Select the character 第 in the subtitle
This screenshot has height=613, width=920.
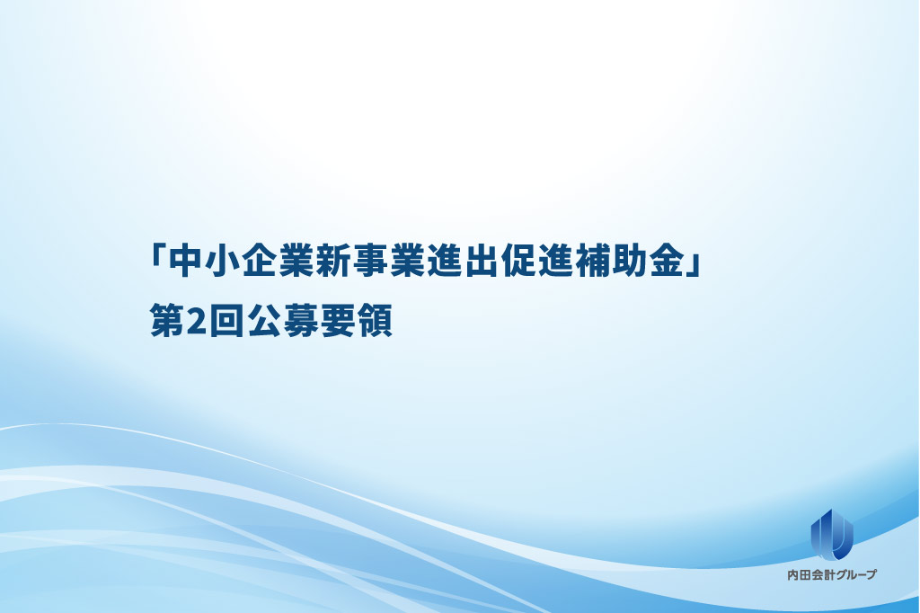(x=167, y=320)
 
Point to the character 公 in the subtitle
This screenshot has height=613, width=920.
(x=263, y=320)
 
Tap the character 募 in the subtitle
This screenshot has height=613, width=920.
(x=300, y=320)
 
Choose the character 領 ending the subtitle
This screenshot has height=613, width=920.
(x=375, y=320)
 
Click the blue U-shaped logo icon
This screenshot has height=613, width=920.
(x=832, y=534)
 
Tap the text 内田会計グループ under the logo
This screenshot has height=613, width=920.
(x=832, y=575)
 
